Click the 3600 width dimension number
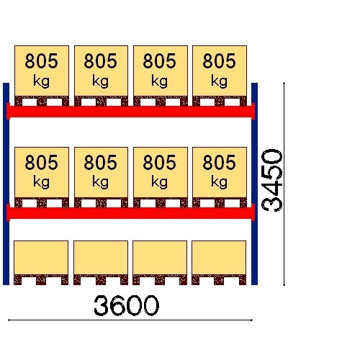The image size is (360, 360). [x=126, y=305]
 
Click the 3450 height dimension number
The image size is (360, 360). [x=272, y=180]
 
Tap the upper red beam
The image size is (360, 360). [x=131, y=112]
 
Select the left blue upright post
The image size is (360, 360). [x=6, y=184]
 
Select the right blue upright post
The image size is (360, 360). [x=254, y=184]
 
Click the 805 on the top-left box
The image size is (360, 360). [x=42, y=61]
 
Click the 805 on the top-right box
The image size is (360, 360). [x=219, y=61]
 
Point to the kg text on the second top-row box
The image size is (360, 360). [x=100, y=81]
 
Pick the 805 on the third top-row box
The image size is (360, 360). [x=160, y=61]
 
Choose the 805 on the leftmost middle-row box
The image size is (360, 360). [x=42, y=162]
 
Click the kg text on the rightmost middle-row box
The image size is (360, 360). [x=219, y=182]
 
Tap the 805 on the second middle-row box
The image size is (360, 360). [x=101, y=162]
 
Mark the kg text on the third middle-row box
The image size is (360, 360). [x=159, y=182]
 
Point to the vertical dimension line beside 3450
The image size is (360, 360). [x=284, y=184]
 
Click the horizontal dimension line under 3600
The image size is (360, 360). [x=130, y=320]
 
